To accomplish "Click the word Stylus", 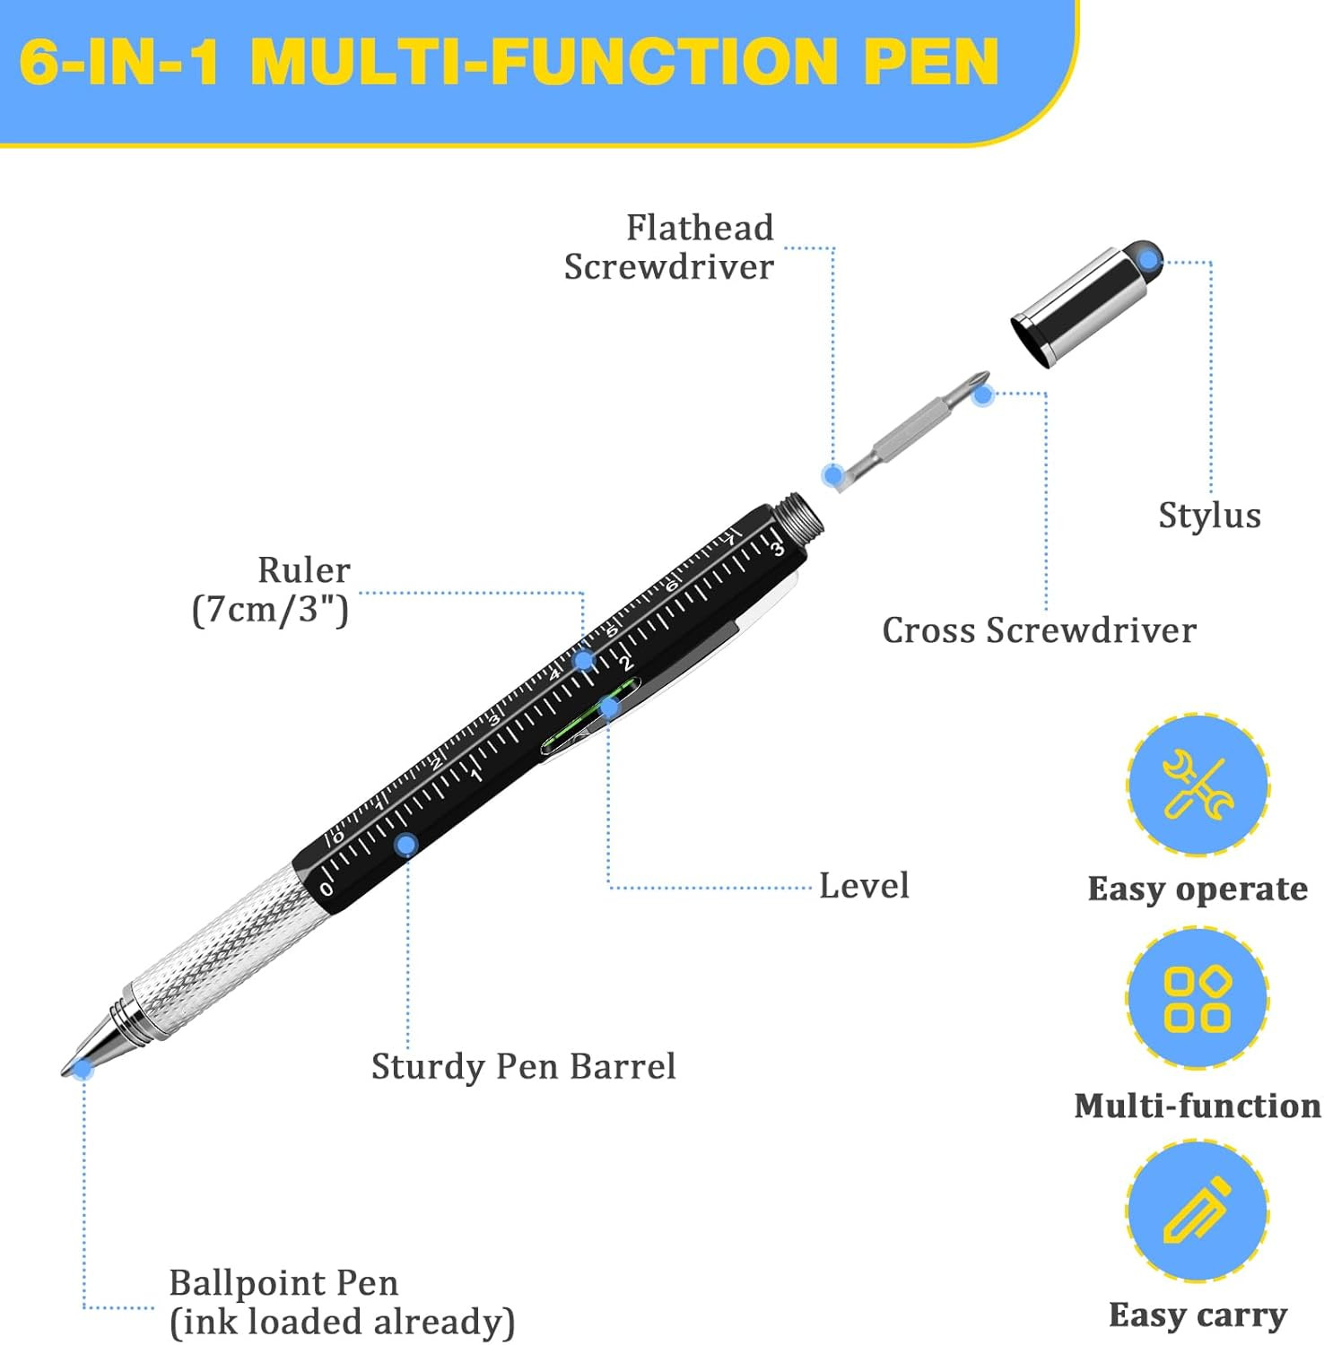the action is coord(1209,516).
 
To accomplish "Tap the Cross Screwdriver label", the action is coord(1039,630).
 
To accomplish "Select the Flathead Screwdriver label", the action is coord(668,247).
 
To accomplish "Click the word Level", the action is coord(864,886).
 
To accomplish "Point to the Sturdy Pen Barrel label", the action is coord(524,1067).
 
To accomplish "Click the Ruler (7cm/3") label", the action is coord(271,590).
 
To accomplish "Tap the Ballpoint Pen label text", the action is coord(342,1303).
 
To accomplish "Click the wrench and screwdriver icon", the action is coord(1198,785).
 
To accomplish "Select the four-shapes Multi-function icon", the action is coord(1197,998).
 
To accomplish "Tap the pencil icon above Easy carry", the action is coord(1197,1210).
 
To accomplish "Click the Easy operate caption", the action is coord(1198,889).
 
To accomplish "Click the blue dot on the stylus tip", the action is coord(1149,261).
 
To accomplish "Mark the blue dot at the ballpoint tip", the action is coord(83,1068).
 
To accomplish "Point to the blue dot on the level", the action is coord(609,707).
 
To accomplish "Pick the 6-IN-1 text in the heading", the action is coord(120,61).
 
